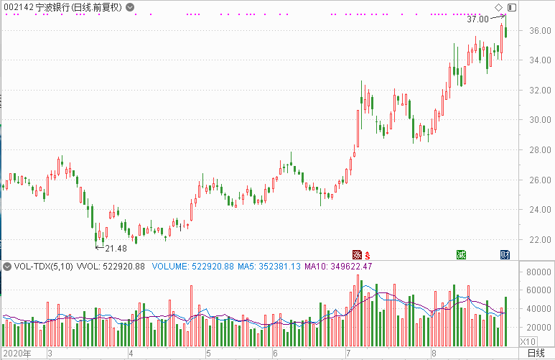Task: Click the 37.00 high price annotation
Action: point(477,19)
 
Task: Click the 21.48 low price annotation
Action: point(116,248)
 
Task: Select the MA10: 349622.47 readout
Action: point(338,267)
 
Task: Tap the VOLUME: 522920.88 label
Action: point(193,267)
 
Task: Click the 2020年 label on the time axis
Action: point(18,354)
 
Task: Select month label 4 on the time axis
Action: point(131,354)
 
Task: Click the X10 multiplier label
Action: point(528,341)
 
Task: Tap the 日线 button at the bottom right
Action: point(536,354)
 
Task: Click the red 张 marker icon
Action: point(356,254)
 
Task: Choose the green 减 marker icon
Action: point(462,254)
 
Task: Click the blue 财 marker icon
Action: point(505,254)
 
